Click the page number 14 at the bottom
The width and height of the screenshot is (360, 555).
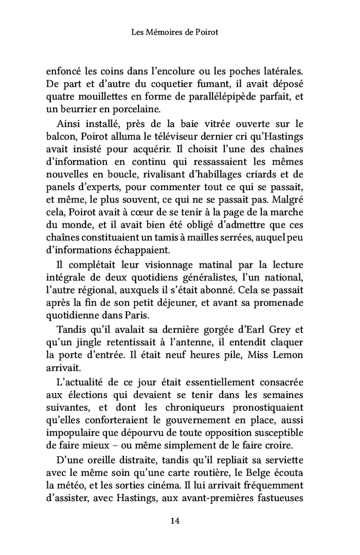(x=174, y=521)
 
